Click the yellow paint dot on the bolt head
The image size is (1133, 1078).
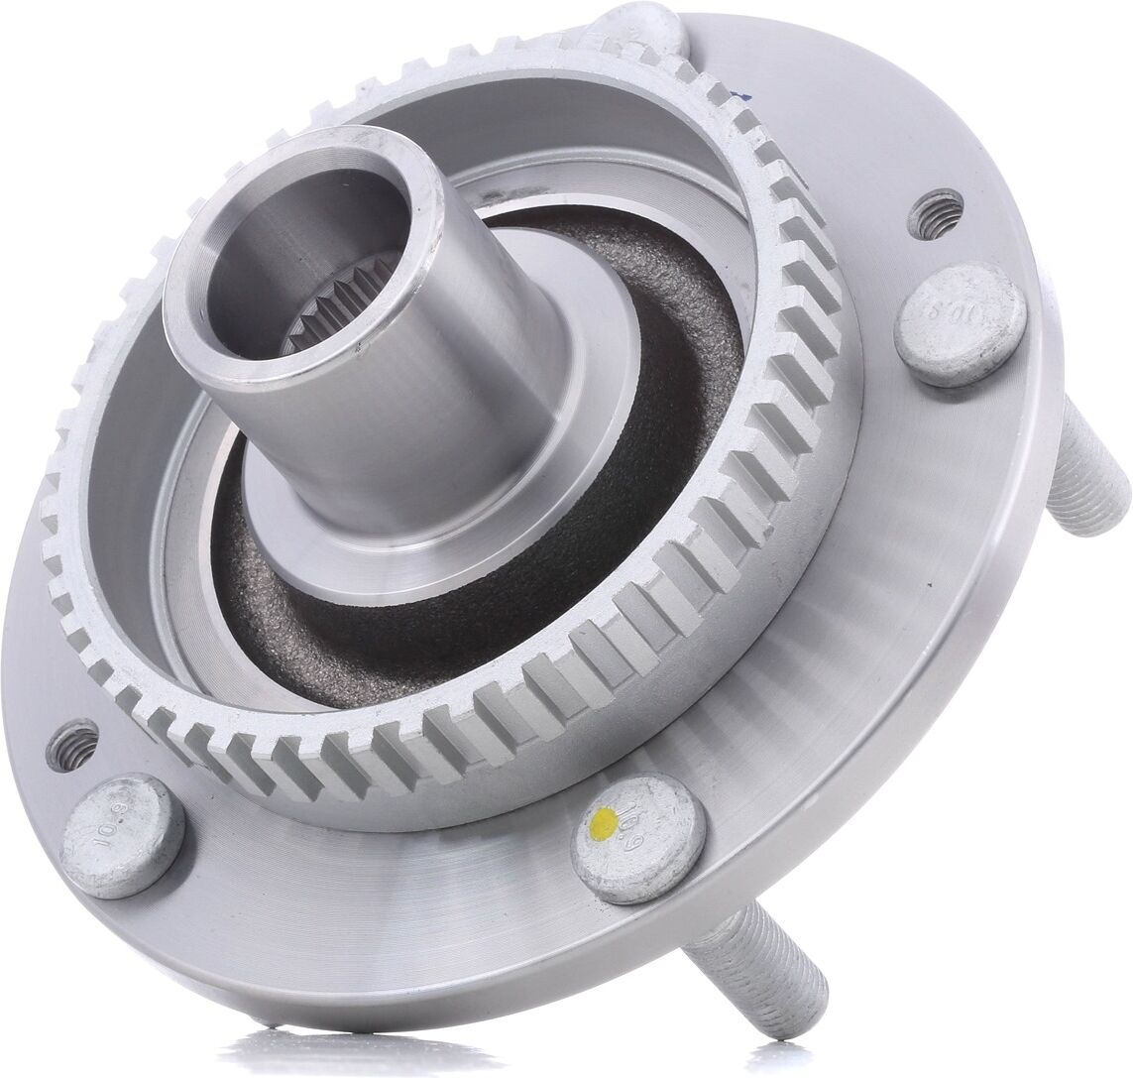coord(600,821)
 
